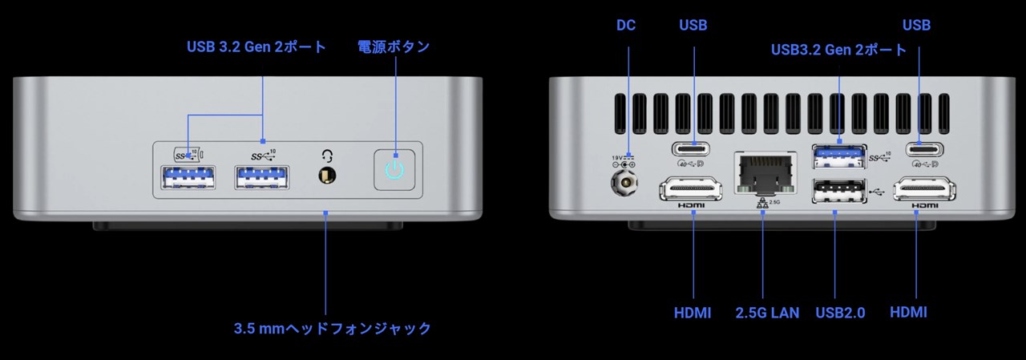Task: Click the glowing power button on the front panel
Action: pyautogui.click(x=394, y=170)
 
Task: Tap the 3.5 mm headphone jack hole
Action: pyautogui.click(x=327, y=176)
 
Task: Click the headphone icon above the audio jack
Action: pyautogui.click(x=327, y=156)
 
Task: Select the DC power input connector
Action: pyautogui.click(x=624, y=183)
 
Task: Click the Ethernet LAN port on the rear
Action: pyautogui.click(x=765, y=173)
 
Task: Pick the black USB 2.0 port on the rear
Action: pyautogui.click(x=839, y=191)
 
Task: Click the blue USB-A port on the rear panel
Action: pyautogui.click(x=839, y=156)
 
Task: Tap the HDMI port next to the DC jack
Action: pyautogui.click(x=691, y=188)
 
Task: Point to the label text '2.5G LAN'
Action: pyautogui.click(x=767, y=313)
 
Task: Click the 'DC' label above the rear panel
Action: pyautogui.click(x=626, y=25)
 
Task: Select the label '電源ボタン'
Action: pyautogui.click(x=394, y=47)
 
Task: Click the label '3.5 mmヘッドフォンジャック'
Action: pyautogui.click(x=333, y=329)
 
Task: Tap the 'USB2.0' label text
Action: pyautogui.click(x=840, y=313)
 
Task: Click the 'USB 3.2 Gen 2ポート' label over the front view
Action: pyautogui.click(x=256, y=47)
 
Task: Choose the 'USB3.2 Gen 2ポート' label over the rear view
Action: pyautogui.click(x=838, y=50)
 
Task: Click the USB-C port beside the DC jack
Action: pyautogui.click(x=691, y=149)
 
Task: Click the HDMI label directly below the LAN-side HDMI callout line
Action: pyautogui.click(x=693, y=313)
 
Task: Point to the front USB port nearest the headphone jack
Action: pyautogui.click(x=262, y=178)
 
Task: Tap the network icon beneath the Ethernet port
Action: pyautogui.click(x=762, y=204)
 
